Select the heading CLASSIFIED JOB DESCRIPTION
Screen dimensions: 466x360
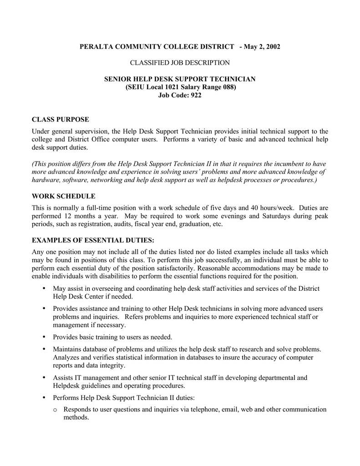click(x=180, y=62)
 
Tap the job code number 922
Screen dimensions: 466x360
click(x=194, y=95)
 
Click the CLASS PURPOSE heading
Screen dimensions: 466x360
click(x=60, y=119)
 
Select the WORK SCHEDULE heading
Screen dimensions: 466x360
click(x=63, y=196)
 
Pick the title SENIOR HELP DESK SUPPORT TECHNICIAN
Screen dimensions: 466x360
click(x=180, y=79)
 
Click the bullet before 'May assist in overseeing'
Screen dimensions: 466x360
click(x=44, y=289)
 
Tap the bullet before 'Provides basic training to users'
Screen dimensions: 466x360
click(x=44, y=337)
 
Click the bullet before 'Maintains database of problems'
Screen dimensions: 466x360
click(x=44, y=349)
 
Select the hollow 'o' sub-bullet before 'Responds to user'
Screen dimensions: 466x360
click(x=55, y=410)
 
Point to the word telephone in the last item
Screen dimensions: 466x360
click(x=204, y=409)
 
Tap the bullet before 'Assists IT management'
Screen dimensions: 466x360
click(x=44, y=378)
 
